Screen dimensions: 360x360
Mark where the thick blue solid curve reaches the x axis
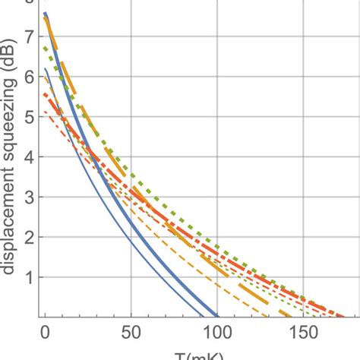tap(217, 317)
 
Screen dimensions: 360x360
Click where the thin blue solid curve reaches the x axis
tap(203, 317)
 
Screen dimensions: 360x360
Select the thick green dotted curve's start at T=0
tap(46, 47)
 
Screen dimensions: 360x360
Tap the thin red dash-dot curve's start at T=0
tap(46, 112)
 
